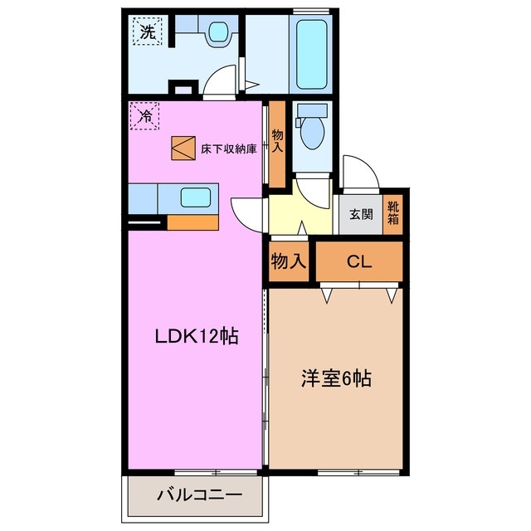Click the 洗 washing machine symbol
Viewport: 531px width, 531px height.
tap(147, 34)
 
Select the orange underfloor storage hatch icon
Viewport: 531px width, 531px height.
tap(182, 148)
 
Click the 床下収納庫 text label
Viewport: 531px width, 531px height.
tap(228, 150)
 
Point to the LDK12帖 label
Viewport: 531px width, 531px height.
tap(197, 337)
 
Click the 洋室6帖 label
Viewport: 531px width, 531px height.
tap(335, 380)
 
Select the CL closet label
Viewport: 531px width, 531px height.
tap(358, 263)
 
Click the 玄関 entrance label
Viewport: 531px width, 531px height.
tap(360, 214)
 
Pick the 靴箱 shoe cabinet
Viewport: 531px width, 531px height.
tap(393, 213)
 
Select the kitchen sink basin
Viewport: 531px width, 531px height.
tap(196, 198)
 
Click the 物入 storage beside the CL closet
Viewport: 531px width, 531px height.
tap(289, 262)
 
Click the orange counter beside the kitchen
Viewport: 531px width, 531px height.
tap(192, 222)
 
